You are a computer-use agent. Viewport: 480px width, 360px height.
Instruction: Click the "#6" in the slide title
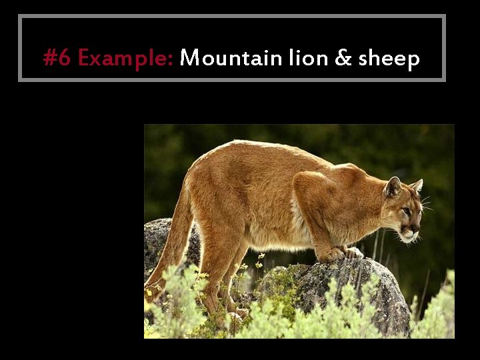point(57,59)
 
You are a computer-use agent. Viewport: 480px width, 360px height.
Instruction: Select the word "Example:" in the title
point(125,59)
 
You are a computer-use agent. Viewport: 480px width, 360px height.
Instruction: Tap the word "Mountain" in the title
point(231,59)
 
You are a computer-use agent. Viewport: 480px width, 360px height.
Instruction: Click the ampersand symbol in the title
point(343,59)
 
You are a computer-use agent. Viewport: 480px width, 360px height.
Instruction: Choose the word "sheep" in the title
point(389,59)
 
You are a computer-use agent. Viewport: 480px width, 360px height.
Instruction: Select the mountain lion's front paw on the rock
point(333,254)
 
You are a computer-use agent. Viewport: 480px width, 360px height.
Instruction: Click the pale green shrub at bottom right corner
point(437,313)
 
